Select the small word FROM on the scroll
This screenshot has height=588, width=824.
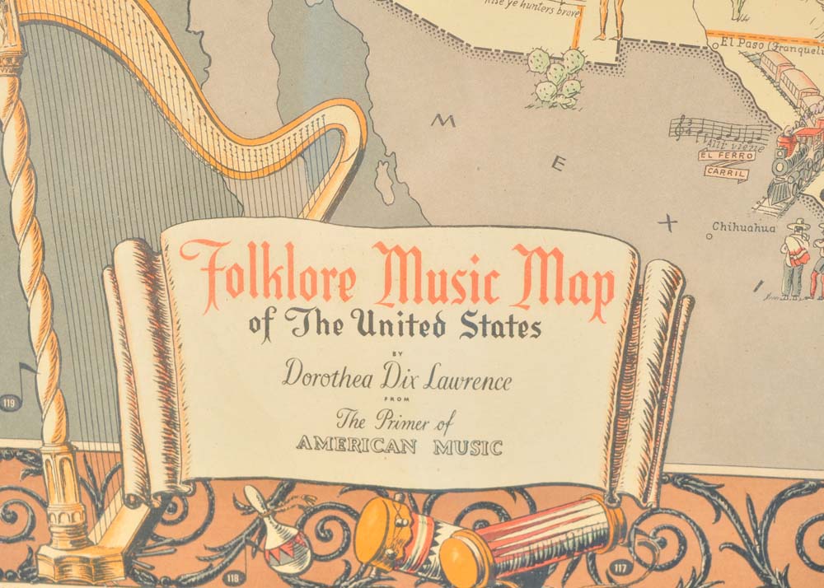pyautogui.click(x=397, y=401)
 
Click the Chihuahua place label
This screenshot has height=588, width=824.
pyautogui.click(x=744, y=227)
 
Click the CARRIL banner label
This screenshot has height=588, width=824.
pyautogui.click(x=725, y=173)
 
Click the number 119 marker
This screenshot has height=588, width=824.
pyautogui.click(x=10, y=402)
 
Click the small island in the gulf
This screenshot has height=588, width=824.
pyautogui.click(x=385, y=181)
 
